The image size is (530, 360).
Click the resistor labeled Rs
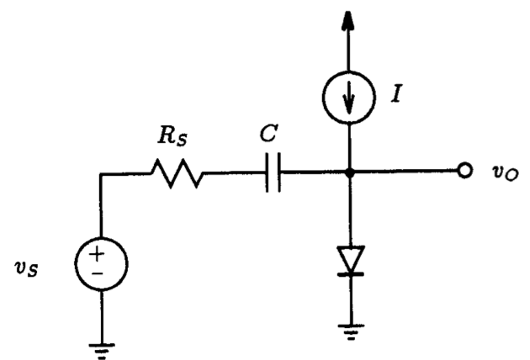[x=177, y=175]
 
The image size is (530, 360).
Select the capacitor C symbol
[x=272, y=175]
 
